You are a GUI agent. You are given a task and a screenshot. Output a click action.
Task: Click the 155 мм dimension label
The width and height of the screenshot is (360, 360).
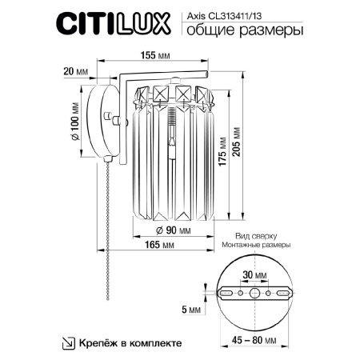pyautogui.click(x=144, y=56)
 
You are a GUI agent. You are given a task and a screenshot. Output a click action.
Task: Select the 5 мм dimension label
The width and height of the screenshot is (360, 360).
pyautogui.click(x=194, y=308)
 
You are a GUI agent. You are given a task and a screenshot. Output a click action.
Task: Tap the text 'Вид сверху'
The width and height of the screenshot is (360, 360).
pyautogui.click(x=255, y=238)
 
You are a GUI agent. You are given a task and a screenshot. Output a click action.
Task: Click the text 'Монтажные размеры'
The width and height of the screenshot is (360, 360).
pyautogui.click(x=255, y=247)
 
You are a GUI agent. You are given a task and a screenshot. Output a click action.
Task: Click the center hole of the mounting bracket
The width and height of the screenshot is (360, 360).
pyautogui.click(x=255, y=294)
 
